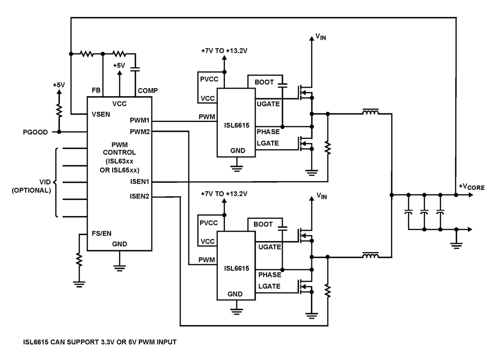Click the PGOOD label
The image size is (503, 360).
[x=35, y=132]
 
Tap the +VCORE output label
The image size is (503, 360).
[x=471, y=187]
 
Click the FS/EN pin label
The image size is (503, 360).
[x=102, y=234]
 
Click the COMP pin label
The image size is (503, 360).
[x=147, y=91]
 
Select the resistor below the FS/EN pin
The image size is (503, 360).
[x=79, y=260]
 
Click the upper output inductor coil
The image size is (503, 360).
[x=371, y=113]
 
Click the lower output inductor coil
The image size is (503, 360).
[x=371, y=257]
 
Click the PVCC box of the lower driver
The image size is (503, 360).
[x=207, y=223]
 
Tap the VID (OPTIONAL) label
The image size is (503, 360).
[x=31, y=187]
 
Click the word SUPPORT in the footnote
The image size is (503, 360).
[x=82, y=342]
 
